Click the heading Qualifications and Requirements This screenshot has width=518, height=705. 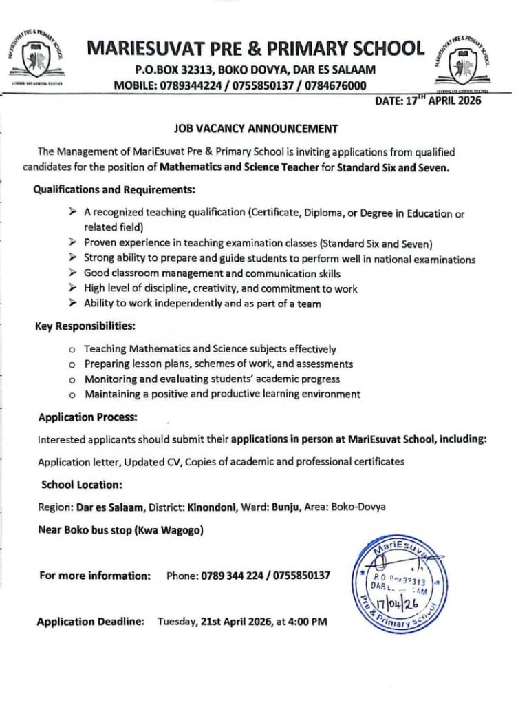click(114, 189)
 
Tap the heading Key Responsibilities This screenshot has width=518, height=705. click(85, 326)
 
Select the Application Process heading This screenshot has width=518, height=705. click(88, 417)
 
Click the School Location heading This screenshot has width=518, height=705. click(82, 485)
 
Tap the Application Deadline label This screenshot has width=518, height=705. click(90, 622)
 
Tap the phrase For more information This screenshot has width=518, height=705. click(94, 575)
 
